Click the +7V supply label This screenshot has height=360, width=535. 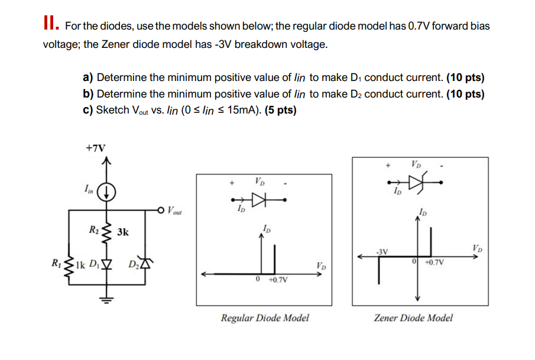point(96,148)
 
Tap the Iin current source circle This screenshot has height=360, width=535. point(106,192)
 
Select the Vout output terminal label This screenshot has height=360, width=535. point(176,209)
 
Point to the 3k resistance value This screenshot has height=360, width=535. point(122,232)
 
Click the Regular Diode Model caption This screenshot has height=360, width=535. point(264,318)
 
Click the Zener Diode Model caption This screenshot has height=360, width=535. point(413,318)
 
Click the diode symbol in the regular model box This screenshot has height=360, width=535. point(260,200)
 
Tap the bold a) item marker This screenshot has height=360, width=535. point(89,77)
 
